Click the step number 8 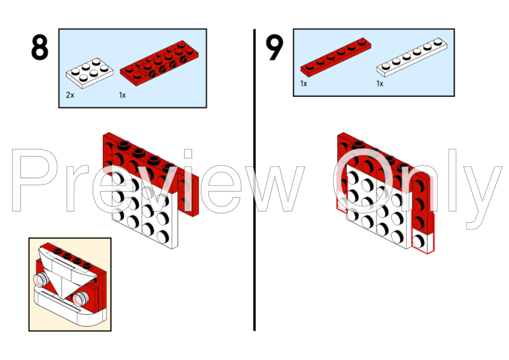pos(40,48)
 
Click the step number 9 pos(274,48)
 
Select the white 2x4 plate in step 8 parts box pos(89,73)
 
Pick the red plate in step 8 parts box pos(159,64)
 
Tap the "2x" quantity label pos(70,95)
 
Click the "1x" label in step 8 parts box pos(122,95)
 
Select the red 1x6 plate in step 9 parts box pos(336,57)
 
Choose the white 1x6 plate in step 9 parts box pos(412,57)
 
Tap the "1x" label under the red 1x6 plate pos(303,83)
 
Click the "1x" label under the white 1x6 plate pos(380,83)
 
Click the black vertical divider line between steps pos(254,180)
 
